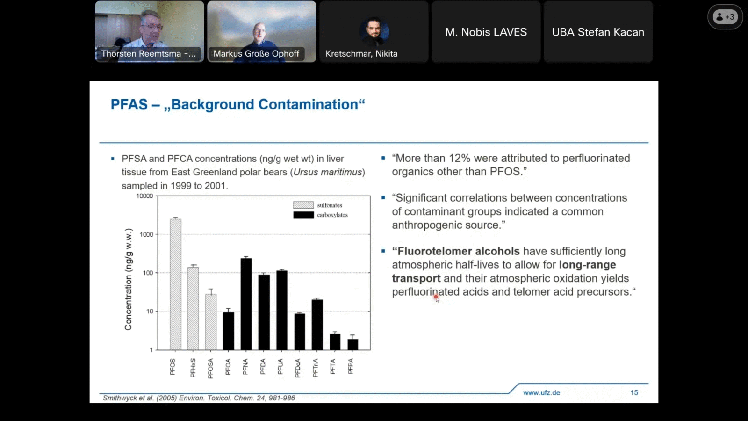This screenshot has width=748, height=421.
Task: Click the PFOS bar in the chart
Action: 176,284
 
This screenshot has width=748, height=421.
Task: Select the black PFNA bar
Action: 246,304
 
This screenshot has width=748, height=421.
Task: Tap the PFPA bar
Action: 352,344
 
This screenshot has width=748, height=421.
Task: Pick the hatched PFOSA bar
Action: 211,322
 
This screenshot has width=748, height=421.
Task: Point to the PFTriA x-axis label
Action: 315,368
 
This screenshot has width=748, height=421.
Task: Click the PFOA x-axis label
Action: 228,367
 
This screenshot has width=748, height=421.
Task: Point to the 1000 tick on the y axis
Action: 146,234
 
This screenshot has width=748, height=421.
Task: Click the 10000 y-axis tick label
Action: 144,196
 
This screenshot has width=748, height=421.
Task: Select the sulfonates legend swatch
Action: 303,205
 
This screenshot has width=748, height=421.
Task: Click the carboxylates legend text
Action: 332,215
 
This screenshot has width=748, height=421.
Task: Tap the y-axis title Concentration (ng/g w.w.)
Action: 129,279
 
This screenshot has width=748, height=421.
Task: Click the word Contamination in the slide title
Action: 308,104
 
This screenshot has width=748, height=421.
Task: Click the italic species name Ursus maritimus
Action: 328,172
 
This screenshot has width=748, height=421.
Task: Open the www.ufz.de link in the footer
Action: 541,392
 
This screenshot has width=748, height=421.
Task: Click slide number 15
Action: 634,392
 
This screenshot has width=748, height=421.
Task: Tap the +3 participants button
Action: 725,17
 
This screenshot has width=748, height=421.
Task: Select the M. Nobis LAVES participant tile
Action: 486,32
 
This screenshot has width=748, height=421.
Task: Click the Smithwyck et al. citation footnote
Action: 199,398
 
